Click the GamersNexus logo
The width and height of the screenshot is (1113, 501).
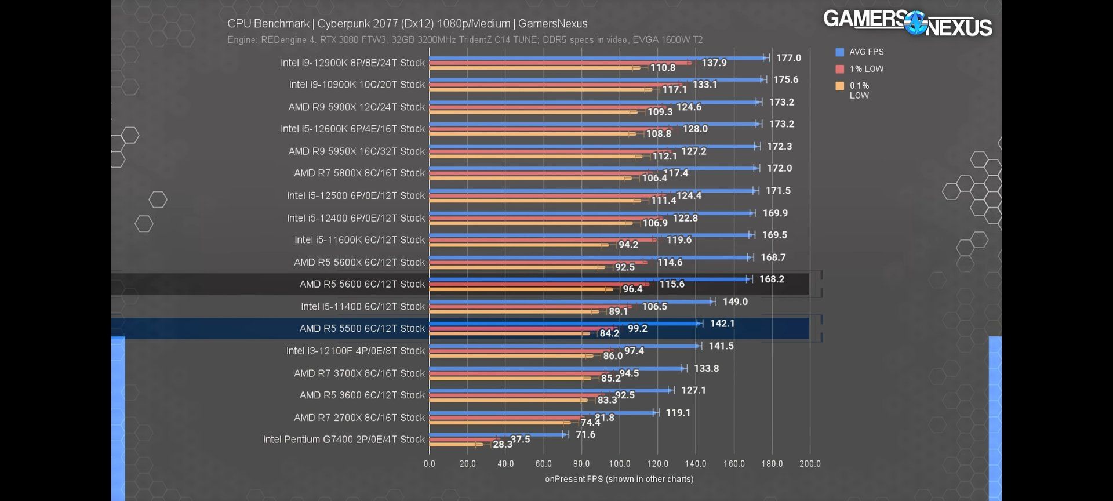point(907,23)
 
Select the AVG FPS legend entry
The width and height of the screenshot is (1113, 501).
point(860,52)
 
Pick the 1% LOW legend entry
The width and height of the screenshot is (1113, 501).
point(860,69)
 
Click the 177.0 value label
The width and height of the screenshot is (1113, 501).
point(788,58)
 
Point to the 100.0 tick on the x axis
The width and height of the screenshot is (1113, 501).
point(619,464)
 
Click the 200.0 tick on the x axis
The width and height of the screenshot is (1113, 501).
point(810,464)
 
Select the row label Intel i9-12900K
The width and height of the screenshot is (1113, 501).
point(352,63)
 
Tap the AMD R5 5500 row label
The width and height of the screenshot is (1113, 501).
point(362,329)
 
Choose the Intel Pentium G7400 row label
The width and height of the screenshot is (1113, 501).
point(344,440)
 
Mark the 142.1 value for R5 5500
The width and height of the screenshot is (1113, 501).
point(722,324)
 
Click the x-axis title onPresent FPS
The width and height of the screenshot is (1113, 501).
point(619,480)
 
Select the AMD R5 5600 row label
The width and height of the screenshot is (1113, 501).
point(362,284)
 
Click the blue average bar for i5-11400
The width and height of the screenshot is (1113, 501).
point(571,302)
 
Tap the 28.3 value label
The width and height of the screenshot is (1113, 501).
point(502,444)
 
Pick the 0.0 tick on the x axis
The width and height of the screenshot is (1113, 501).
point(429,464)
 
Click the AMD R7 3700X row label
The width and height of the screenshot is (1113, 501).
point(359,373)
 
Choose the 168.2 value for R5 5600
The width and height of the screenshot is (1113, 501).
point(772,279)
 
